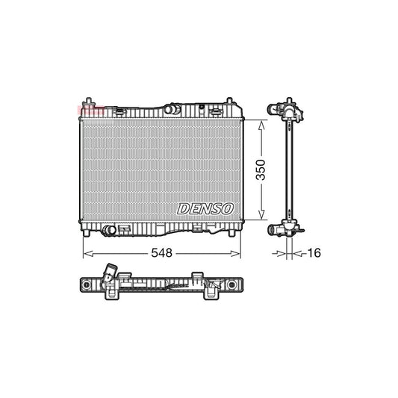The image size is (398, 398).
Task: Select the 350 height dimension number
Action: coord(259,170)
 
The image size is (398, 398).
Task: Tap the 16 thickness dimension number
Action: coord(313,253)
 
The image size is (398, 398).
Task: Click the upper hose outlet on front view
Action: coord(174,111)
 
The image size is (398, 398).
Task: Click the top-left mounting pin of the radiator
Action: coord(89,100)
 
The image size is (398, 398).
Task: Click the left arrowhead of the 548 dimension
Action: coord(84,253)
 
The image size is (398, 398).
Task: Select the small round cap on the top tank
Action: coord(216,110)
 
